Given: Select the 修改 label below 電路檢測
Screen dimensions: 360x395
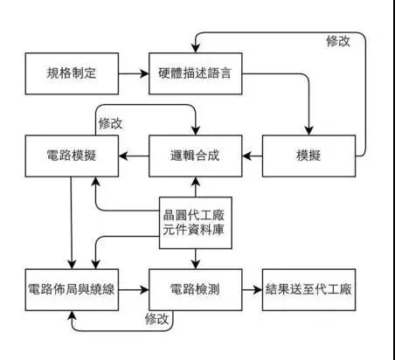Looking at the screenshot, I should coord(156,320).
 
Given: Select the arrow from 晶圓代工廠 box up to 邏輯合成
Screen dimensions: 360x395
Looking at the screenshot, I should coord(194,187).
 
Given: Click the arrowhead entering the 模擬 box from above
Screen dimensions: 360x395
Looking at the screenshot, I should coord(309,130).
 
